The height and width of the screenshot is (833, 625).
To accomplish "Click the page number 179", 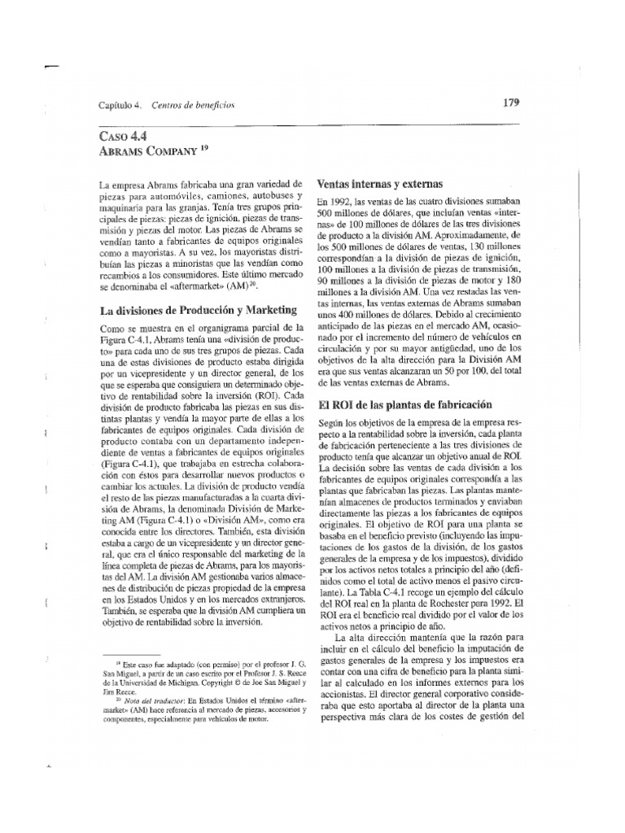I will [x=511, y=102].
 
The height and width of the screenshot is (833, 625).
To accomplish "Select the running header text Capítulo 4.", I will [x=120, y=106].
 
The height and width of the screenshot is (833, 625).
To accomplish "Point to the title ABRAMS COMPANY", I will [x=141, y=150].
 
